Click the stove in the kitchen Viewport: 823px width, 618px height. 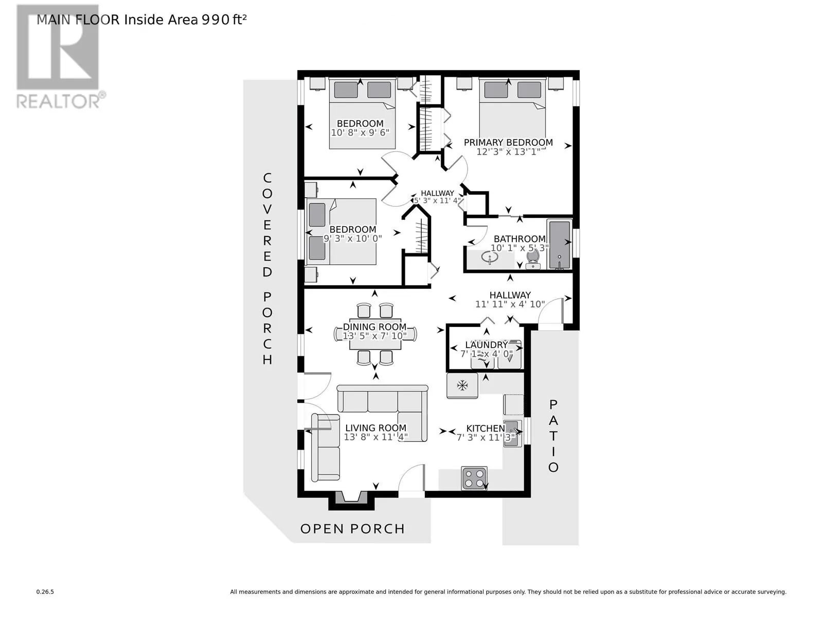(474, 478)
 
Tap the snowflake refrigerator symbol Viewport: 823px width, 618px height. (462, 385)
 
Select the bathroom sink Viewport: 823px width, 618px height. (490, 258)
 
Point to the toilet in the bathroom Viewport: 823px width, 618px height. (533, 260)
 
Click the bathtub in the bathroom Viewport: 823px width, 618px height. (560, 244)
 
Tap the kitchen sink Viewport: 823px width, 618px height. (512, 434)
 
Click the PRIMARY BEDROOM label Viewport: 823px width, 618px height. (508, 143)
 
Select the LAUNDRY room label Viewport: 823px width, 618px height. (486, 345)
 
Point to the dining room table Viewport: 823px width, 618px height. (375, 334)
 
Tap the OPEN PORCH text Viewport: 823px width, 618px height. (353, 529)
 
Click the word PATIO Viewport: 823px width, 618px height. (553, 436)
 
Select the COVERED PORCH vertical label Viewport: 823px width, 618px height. (267, 269)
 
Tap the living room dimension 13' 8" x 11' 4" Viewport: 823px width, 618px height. (375, 437)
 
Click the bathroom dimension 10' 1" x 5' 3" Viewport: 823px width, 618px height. (520, 248)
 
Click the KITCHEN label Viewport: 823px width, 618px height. (486, 428)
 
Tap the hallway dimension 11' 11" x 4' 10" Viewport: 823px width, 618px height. (510, 304)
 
